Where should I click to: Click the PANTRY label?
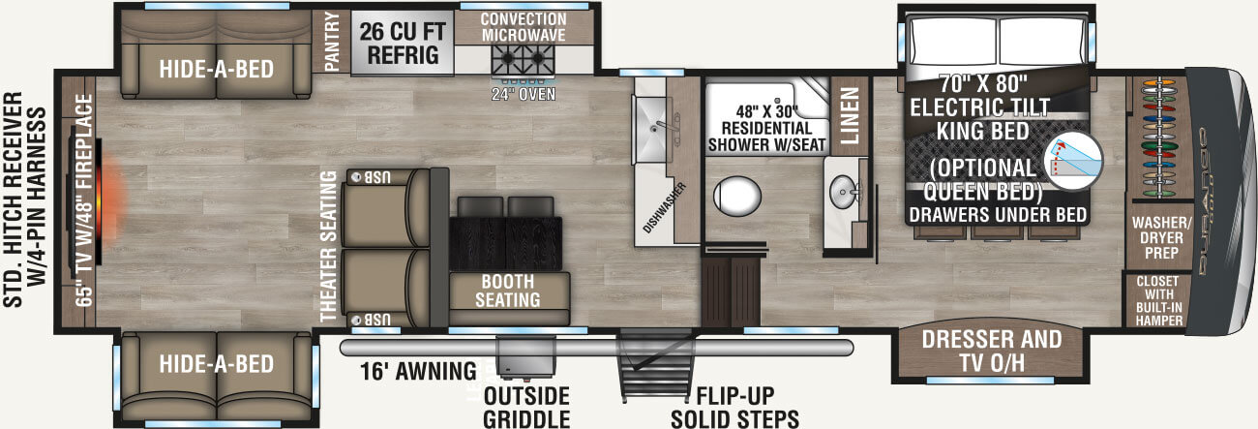[332, 43]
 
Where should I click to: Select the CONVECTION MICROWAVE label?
[523, 28]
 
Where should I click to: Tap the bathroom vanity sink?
[844, 190]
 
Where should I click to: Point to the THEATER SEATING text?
[328, 246]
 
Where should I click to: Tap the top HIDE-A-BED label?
[216, 70]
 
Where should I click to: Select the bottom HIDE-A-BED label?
[216, 364]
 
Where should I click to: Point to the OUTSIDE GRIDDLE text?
[525, 408]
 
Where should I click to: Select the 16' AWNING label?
[418, 370]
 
